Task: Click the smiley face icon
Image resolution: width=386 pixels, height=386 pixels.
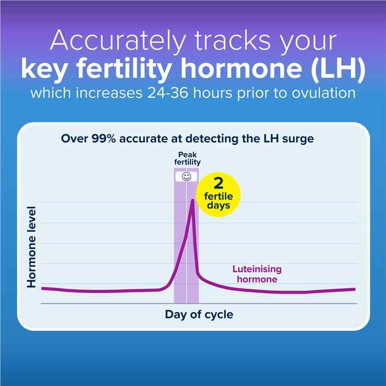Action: [186, 177]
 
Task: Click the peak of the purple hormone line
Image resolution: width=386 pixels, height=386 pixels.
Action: [193, 199]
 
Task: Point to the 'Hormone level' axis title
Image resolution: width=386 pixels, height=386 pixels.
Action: [32, 247]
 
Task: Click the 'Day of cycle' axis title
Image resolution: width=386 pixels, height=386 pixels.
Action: [199, 315]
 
